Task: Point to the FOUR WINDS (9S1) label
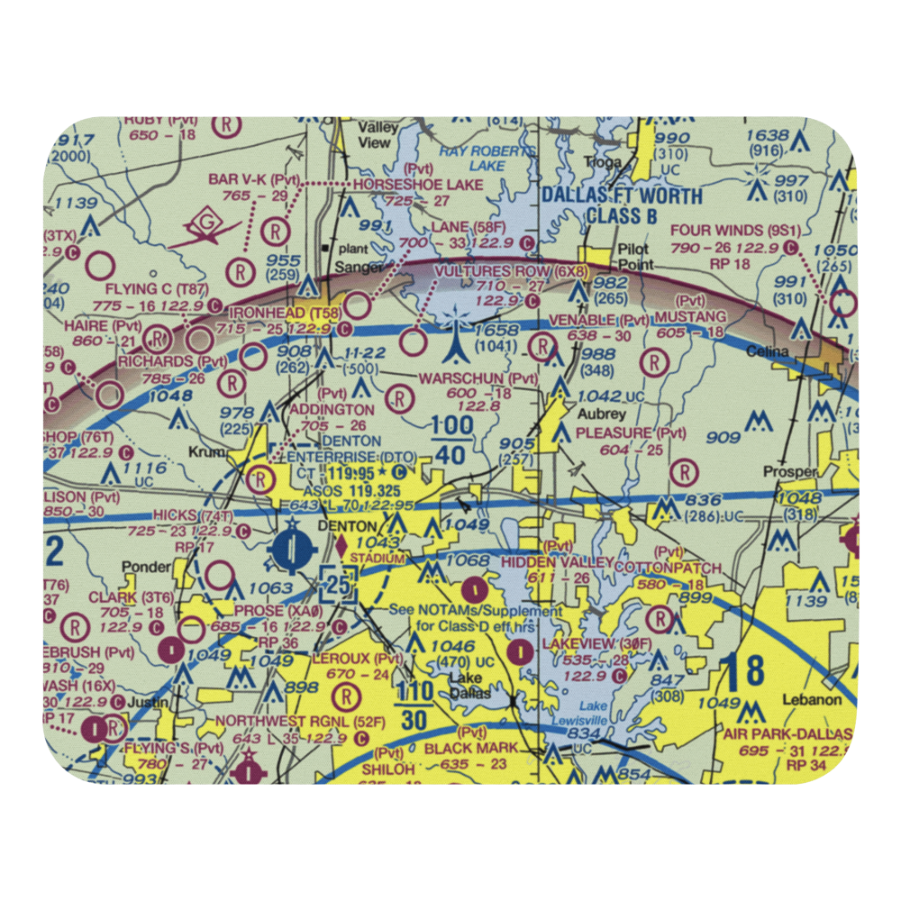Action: [x=731, y=230]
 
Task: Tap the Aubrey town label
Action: [x=603, y=414]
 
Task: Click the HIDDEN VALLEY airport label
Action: [x=545, y=562]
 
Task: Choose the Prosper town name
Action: [x=789, y=471]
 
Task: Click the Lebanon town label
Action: [x=812, y=699]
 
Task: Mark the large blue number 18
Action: [x=745, y=671]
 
